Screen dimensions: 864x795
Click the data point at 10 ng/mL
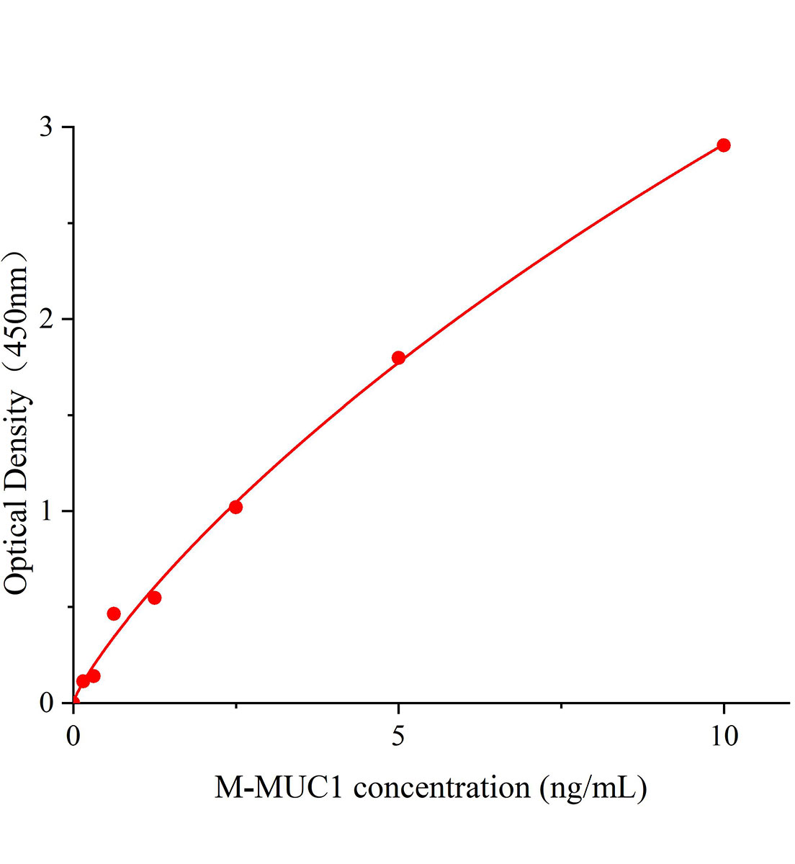tap(724, 145)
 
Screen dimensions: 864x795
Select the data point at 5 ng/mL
tap(398, 358)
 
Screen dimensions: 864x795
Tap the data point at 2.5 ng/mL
tap(235, 507)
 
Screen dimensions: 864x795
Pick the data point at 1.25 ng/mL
tap(154, 598)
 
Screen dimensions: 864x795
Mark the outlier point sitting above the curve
tap(114, 613)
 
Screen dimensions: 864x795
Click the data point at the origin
tap(73, 702)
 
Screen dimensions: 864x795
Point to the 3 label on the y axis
tap(47, 127)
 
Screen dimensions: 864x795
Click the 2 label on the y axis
tap(47, 319)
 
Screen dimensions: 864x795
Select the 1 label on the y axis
tap(47, 511)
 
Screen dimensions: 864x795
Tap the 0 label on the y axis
tap(47, 703)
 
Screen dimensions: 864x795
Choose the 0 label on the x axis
tap(73, 737)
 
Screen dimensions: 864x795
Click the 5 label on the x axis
tap(398, 737)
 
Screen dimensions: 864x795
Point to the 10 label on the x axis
tap(724, 737)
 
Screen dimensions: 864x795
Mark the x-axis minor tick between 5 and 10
tap(561, 706)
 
